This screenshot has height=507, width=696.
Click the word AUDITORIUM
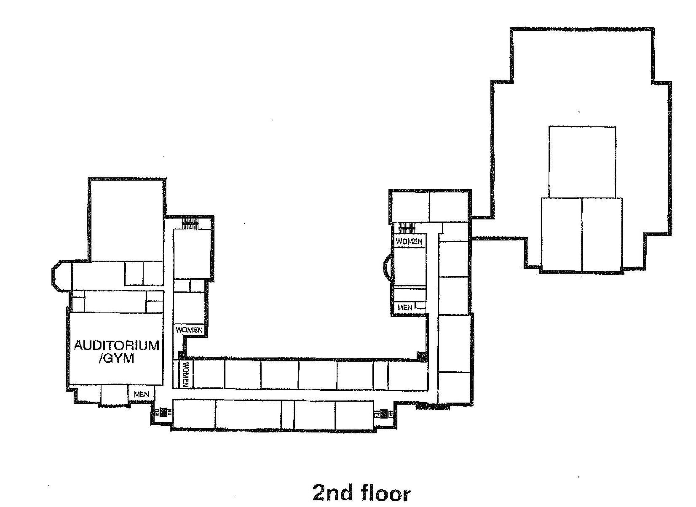click(x=117, y=346)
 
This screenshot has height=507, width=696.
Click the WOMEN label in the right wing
click(x=409, y=241)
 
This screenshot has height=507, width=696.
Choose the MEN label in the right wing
click(x=405, y=307)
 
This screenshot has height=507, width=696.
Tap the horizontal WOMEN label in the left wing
click(x=189, y=330)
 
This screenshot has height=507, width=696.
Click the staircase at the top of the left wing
click(x=190, y=224)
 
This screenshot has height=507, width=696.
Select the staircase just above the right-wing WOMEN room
click(x=407, y=227)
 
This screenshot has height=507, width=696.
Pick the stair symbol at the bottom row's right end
click(x=383, y=414)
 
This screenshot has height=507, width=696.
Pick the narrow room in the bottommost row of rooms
click(x=288, y=414)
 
